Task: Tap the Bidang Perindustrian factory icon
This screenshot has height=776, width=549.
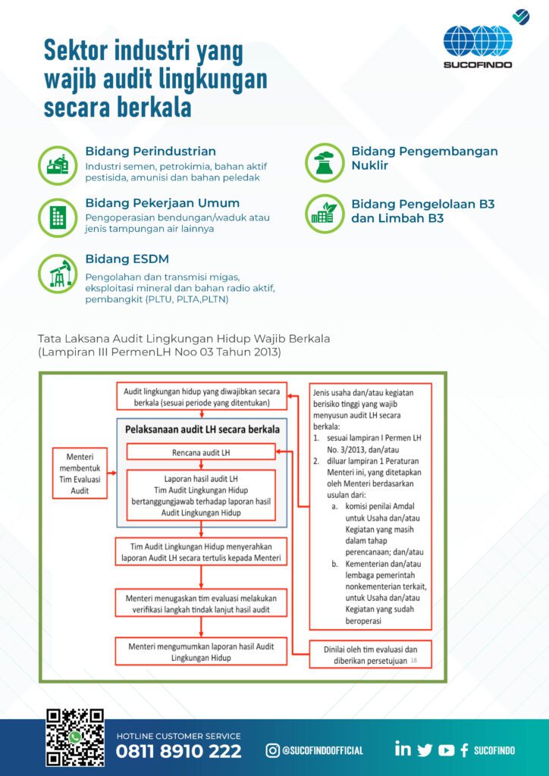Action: pos(58,164)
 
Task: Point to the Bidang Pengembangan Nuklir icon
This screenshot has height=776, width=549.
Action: pos(325,161)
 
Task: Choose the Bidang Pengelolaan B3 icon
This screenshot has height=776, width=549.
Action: pos(325,213)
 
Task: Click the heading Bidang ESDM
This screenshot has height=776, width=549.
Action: pos(127,259)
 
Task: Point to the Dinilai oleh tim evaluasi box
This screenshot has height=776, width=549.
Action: pos(370,654)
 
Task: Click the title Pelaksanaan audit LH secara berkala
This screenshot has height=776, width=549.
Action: pos(201,430)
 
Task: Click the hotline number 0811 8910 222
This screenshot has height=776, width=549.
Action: pos(178,752)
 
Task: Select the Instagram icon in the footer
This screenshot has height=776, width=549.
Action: pos(272,750)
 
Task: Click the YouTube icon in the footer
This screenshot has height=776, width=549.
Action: pos(446,750)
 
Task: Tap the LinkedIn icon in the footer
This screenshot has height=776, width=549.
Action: pos(403,749)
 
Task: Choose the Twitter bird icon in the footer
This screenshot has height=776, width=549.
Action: pos(425,750)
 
